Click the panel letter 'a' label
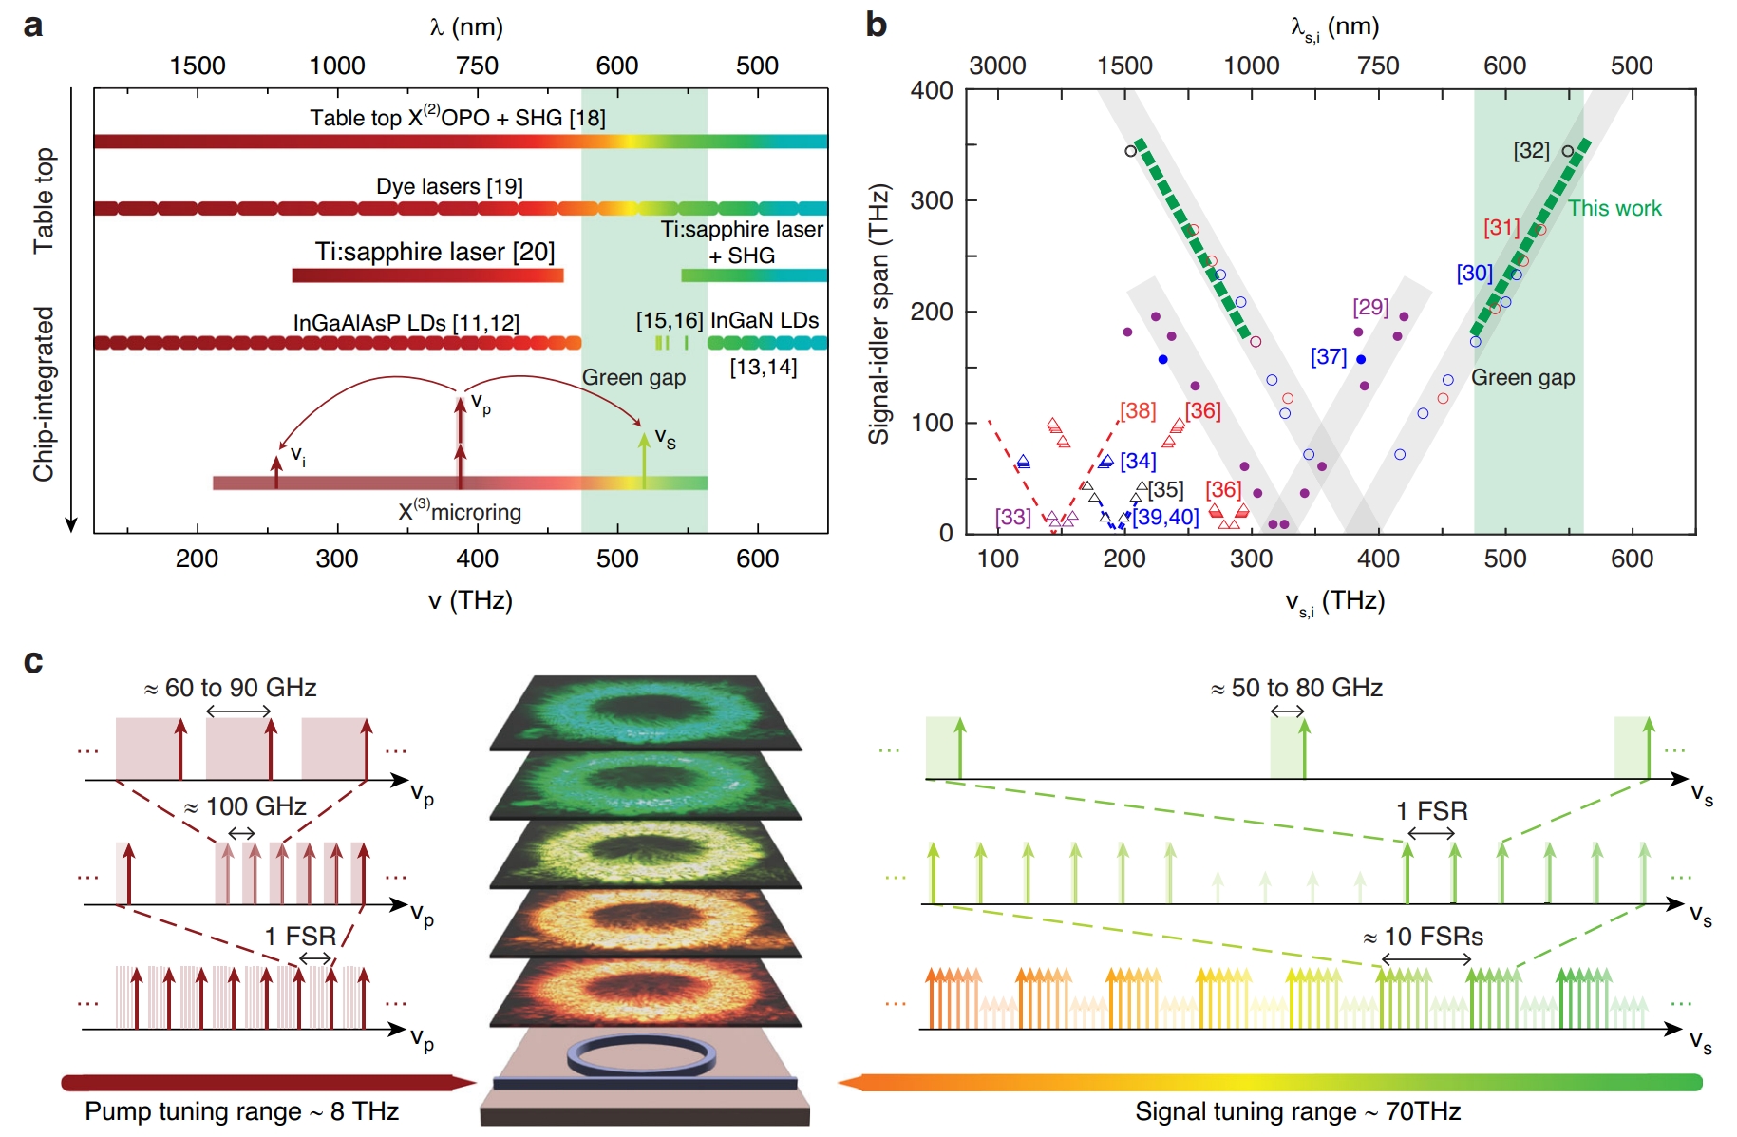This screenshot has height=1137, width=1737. pos(33,26)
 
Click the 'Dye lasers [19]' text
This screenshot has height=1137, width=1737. pos(449,186)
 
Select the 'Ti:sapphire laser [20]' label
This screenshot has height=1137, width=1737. pos(435,252)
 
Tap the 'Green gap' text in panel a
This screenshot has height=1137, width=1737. pos(633,377)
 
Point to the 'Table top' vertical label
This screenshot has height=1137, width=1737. pos(44,200)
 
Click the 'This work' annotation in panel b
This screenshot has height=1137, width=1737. pos(1614,208)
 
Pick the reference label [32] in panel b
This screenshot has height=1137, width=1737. pos(1531,150)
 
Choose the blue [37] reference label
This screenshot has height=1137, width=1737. pos(1329,356)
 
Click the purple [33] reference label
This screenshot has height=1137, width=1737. pos(1012,517)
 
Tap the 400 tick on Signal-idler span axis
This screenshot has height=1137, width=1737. pos(932,90)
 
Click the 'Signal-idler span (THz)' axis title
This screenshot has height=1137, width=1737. pos(878,313)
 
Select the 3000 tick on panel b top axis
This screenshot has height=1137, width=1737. pos(997,66)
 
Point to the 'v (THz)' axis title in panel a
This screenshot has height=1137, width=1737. pos(470,600)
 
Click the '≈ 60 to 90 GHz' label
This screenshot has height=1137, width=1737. pos(231,688)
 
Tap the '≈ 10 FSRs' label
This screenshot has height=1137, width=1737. pos(1424,937)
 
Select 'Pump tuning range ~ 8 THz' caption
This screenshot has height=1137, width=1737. pos(241,1111)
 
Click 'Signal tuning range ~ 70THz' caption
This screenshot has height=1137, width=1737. pos(1297,1111)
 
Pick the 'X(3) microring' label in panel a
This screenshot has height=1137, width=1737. pos(460,511)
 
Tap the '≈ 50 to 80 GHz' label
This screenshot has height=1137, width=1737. pos(1296,688)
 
